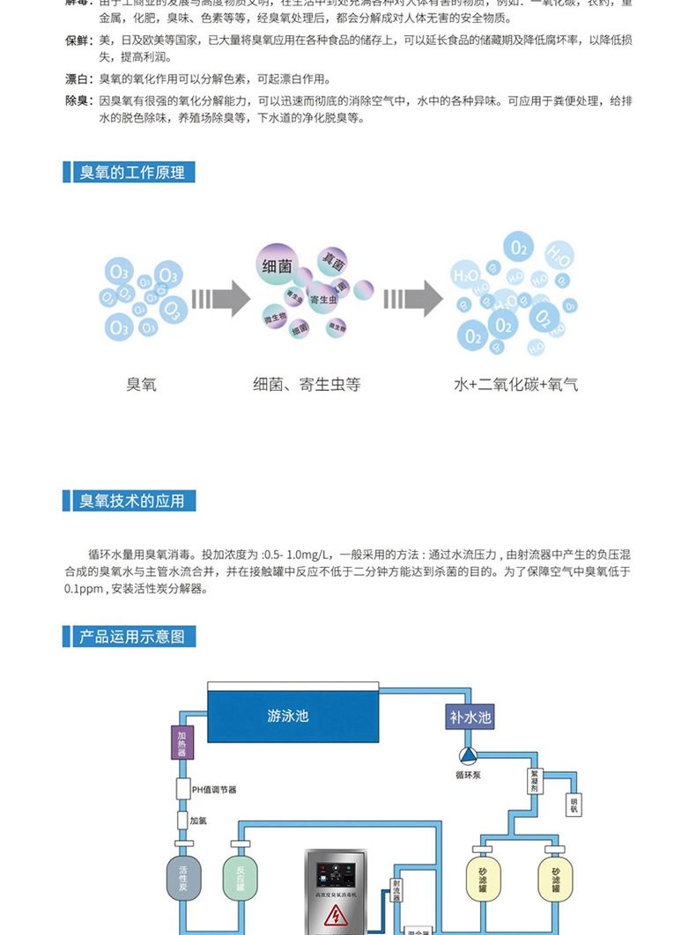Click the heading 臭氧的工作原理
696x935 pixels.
tap(132, 173)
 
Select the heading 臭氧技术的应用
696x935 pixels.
tap(132, 501)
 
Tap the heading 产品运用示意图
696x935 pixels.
tap(132, 636)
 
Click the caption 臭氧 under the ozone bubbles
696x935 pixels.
tap(141, 385)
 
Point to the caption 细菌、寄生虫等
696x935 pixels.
tap(307, 385)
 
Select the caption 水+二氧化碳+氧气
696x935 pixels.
tap(515, 385)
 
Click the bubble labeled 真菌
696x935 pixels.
tap(334, 261)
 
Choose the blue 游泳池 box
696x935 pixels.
tap(289, 716)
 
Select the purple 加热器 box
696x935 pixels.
tap(181, 743)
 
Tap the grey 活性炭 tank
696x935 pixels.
tap(183, 874)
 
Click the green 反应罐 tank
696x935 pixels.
tap(240, 874)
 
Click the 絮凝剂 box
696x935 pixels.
tap(534, 782)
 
